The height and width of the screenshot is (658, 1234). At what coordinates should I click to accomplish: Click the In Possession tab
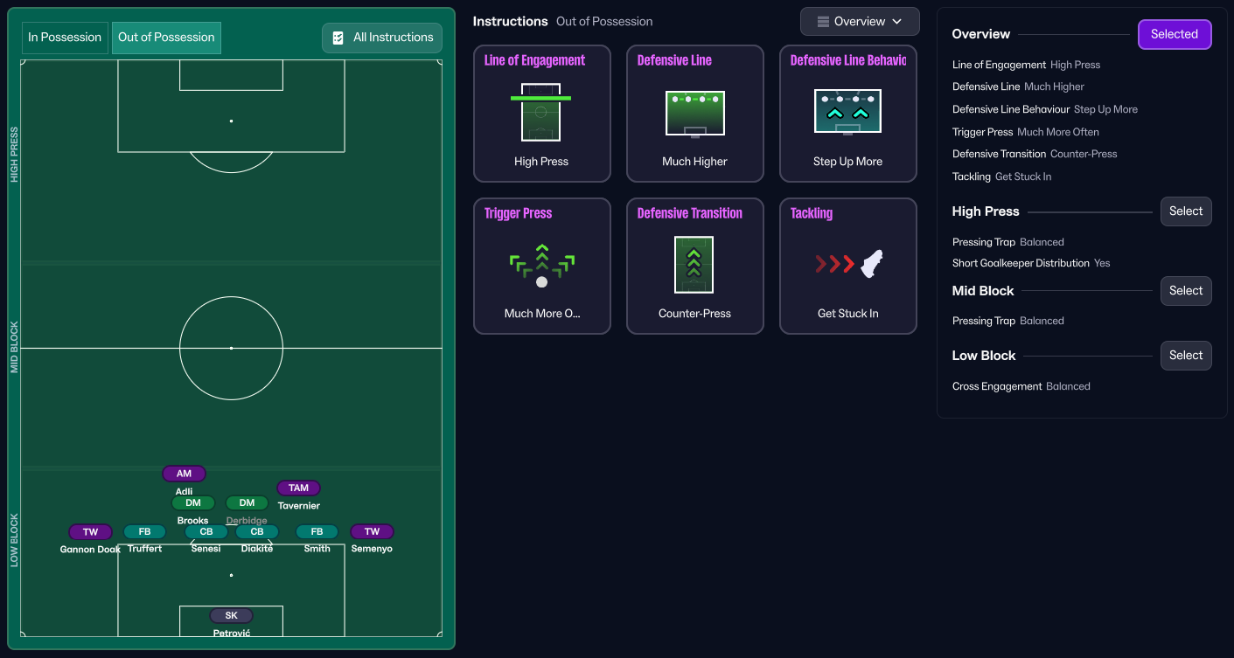click(x=65, y=38)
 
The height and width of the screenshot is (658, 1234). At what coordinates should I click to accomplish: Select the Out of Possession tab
click(x=166, y=38)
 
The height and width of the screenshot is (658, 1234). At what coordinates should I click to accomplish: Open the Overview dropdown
click(x=860, y=22)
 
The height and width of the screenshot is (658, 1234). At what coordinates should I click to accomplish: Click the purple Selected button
click(x=1175, y=34)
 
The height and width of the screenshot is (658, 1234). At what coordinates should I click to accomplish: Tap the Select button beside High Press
click(x=1186, y=211)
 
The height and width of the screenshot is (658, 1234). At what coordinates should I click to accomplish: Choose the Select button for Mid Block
click(x=1186, y=291)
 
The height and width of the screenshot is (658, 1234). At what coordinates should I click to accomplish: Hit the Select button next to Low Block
click(x=1186, y=356)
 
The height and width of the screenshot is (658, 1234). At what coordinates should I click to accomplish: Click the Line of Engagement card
click(x=541, y=114)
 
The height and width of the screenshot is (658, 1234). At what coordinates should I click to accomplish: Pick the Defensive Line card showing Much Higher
click(x=694, y=114)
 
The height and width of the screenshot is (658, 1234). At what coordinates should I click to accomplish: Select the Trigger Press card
click(x=541, y=266)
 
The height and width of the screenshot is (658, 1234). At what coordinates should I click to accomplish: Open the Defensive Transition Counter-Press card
click(x=694, y=266)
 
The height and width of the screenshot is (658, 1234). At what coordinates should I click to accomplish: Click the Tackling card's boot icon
click(x=872, y=264)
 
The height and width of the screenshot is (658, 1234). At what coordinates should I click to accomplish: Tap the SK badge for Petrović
click(x=232, y=615)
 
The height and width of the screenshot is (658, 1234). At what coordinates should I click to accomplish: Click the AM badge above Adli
click(x=184, y=474)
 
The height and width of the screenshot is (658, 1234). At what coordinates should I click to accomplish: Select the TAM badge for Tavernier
click(x=298, y=488)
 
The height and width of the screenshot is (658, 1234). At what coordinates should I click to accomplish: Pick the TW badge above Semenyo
click(x=372, y=531)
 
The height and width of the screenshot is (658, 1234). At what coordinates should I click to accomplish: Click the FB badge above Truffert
click(x=144, y=531)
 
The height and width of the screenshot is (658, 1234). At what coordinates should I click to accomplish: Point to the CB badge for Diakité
click(x=257, y=531)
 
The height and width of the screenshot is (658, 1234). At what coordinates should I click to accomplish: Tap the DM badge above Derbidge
click(x=247, y=502)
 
